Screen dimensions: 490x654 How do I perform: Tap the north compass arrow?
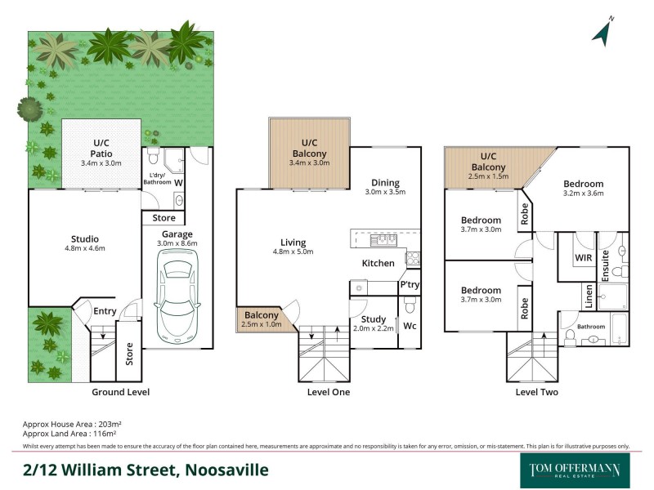click(x=602, y=32)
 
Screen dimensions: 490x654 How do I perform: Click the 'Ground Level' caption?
click(x=121, y=392)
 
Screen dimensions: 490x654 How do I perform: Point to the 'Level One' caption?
click(x=328, y=392)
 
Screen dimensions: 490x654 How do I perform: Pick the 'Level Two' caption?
click(x=536, y=392)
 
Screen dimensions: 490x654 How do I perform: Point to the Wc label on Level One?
click(x=410, y=326)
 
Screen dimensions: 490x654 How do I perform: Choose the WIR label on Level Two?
click(x=583, y=257)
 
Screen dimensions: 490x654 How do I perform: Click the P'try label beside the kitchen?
click(x=409, y=285)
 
